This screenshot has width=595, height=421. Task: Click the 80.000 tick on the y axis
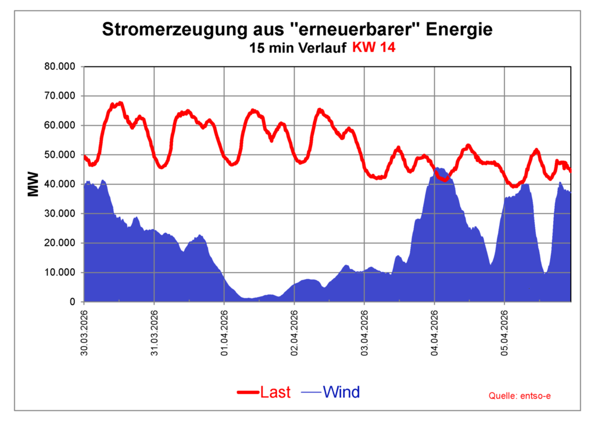60,66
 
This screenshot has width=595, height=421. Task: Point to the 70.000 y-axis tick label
60,96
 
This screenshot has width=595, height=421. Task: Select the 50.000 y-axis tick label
60,155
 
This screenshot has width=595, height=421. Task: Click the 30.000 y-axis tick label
60,213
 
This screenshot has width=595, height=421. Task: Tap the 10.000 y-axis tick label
60,272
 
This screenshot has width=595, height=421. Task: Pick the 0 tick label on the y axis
72,302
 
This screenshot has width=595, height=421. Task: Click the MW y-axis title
33,184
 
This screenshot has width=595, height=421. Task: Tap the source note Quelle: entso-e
519,396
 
